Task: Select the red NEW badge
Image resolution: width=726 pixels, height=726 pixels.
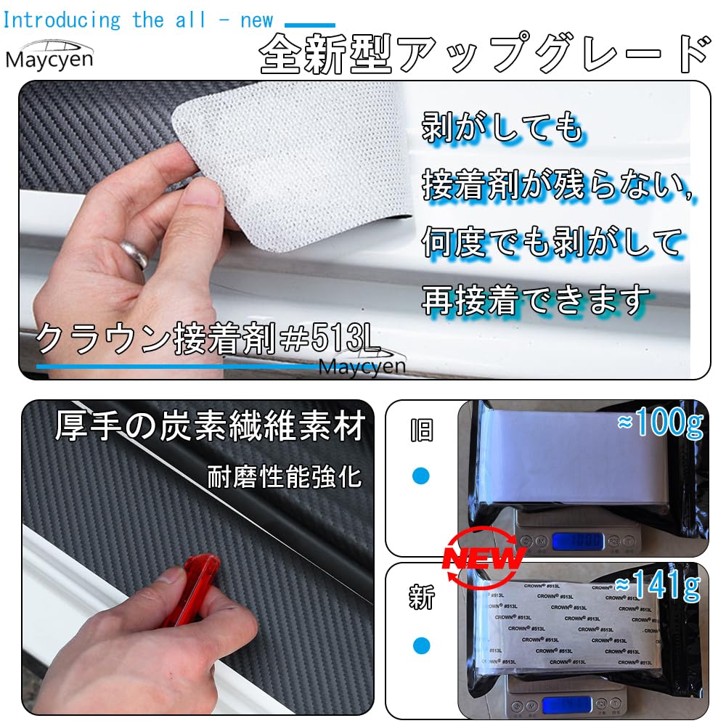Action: coord(483,558)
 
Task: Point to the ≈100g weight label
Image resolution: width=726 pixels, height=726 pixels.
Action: coord(660,425)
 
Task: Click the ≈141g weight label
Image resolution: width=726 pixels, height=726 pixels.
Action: coord(658,586)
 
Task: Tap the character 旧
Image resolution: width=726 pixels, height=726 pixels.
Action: coord(421,431)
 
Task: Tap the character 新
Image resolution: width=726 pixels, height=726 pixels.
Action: coord(421,598)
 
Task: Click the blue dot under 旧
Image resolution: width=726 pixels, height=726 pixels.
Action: coord(421,476)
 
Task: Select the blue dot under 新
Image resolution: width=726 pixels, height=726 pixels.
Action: coord(421,645)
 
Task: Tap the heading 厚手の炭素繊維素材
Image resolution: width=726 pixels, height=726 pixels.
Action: coord(209,428)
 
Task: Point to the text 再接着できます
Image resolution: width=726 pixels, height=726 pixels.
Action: coord(536,299)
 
